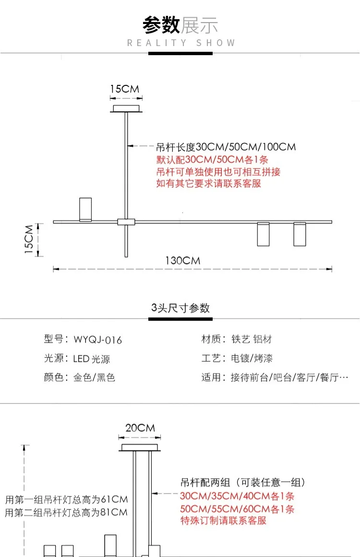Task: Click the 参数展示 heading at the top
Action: (x=180, y=25)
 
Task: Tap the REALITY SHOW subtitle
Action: (x=181, y=43)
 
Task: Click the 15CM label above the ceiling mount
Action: (x=125, y=89)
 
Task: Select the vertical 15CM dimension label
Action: (x=29, y=239)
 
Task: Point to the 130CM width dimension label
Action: (x=183, y=261)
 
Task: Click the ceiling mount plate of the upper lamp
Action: (x=126, y=109)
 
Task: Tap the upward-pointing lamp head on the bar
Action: (x=85, y=209)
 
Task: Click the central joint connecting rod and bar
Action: (x=126, y=222)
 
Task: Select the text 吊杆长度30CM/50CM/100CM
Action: (x=226, y=147)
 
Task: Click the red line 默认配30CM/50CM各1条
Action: (x=212, y=159)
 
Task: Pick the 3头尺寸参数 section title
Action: (x=180, y=308)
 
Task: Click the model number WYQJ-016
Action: (x=98, y=340)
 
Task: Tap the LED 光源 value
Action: (x=92, y=359)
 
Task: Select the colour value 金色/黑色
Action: (x=94, y=377)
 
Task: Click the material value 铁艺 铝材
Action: (x=252, y=339)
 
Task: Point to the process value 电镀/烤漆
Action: (x=252, y=358)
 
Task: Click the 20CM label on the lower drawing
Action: (x=140, y=427)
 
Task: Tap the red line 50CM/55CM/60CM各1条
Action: (x=237, y=509)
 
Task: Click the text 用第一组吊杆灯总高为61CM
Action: (x=66, y=499)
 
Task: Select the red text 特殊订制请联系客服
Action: (x=223, y=521)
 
